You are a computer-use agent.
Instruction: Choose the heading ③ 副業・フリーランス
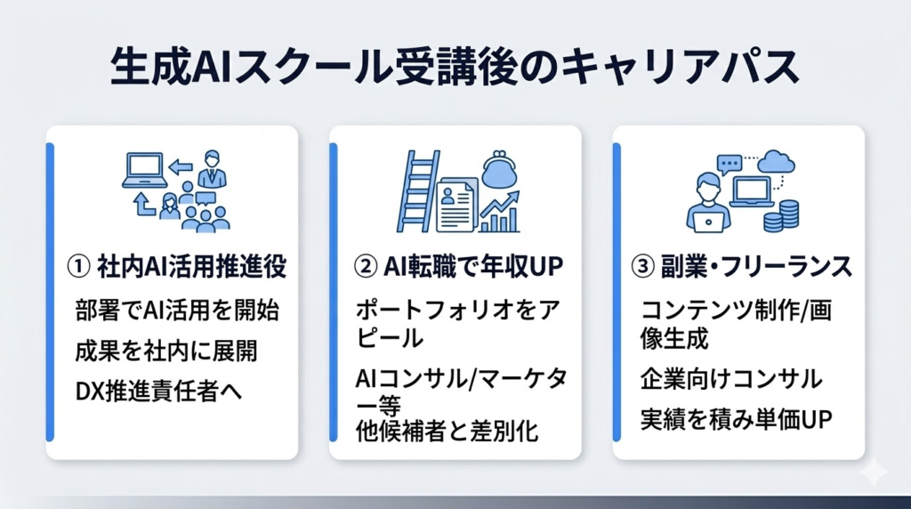coord(743,266)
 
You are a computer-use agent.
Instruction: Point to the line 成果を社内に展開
coord(166,351)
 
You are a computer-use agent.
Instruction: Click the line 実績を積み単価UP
coord(735,419)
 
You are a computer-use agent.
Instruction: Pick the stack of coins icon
coord(786,215)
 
